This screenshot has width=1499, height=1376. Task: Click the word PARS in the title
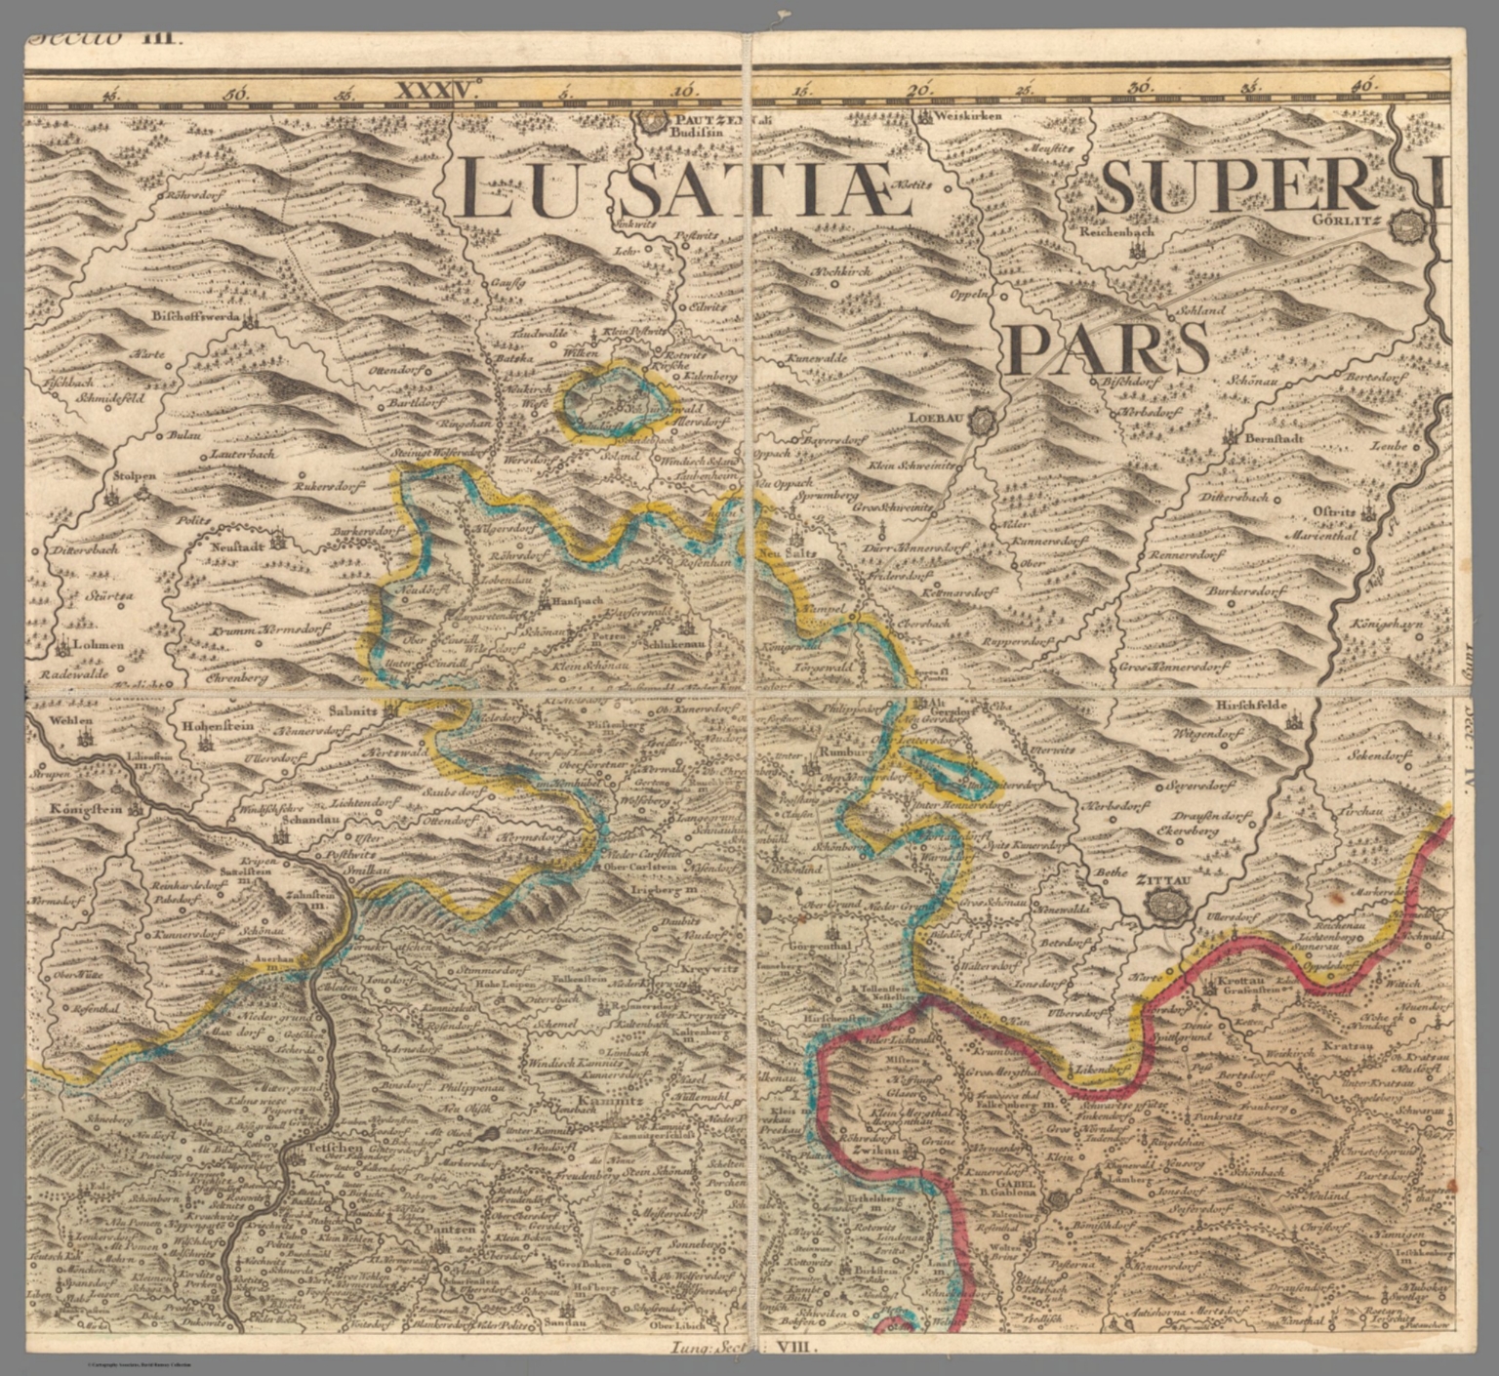[x=1108, y=347]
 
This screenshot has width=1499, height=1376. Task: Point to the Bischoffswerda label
[x=198, y=317]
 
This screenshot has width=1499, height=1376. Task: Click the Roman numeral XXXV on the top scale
[x=435, y=91]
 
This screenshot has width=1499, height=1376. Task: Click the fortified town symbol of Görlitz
[x=1408, y=228]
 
